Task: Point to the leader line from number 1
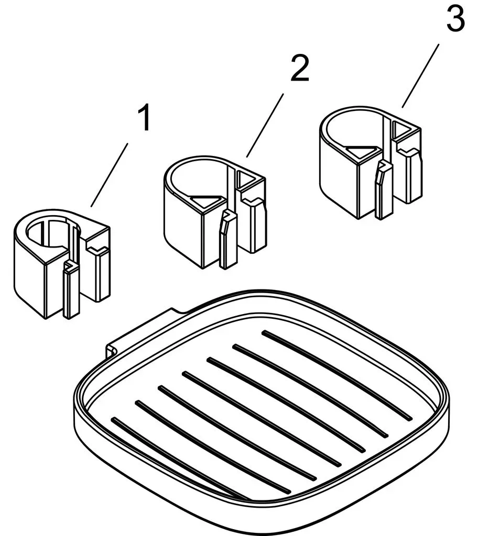[109, 175]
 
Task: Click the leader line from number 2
[265, 126]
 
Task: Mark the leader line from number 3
[420, 76]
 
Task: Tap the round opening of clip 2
[199, 180]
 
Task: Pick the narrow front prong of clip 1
[71, 291]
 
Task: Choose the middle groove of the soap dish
[262, 418]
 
